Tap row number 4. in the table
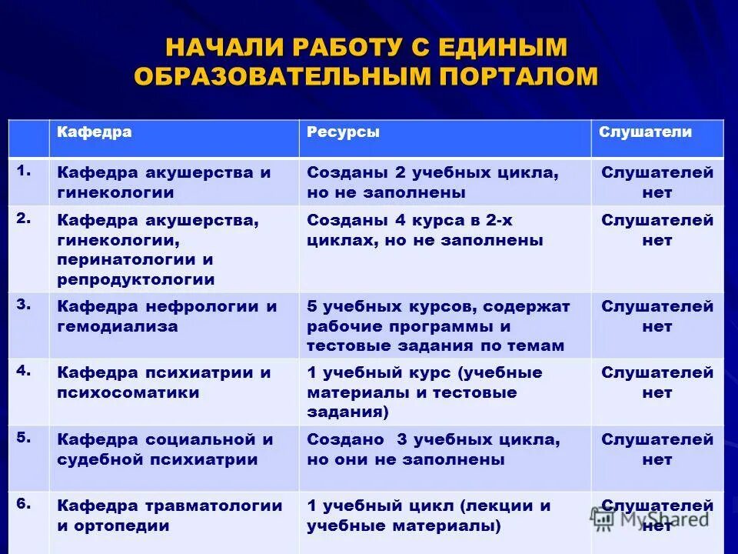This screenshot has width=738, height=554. (x=24, y=370)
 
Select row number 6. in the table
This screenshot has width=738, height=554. (x=24, y=503)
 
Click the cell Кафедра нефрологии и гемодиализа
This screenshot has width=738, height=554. (x=167, y=316)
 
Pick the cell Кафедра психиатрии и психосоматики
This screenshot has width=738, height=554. (x=164, y=382)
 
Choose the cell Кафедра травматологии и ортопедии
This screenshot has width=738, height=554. (x=170, y=516)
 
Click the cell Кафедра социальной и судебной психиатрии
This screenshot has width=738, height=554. (x=165, y=449)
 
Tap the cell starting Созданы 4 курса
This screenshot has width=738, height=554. (x=424, y=230)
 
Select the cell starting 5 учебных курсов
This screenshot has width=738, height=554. (x=438, y=326)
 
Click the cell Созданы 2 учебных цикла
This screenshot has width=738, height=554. (x=432, y=182)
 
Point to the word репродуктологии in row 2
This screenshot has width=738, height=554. (x=136, y=280)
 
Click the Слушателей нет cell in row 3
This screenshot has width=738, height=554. (x=657, y=316)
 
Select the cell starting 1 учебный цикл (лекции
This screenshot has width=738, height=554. (x=429, y=516)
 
